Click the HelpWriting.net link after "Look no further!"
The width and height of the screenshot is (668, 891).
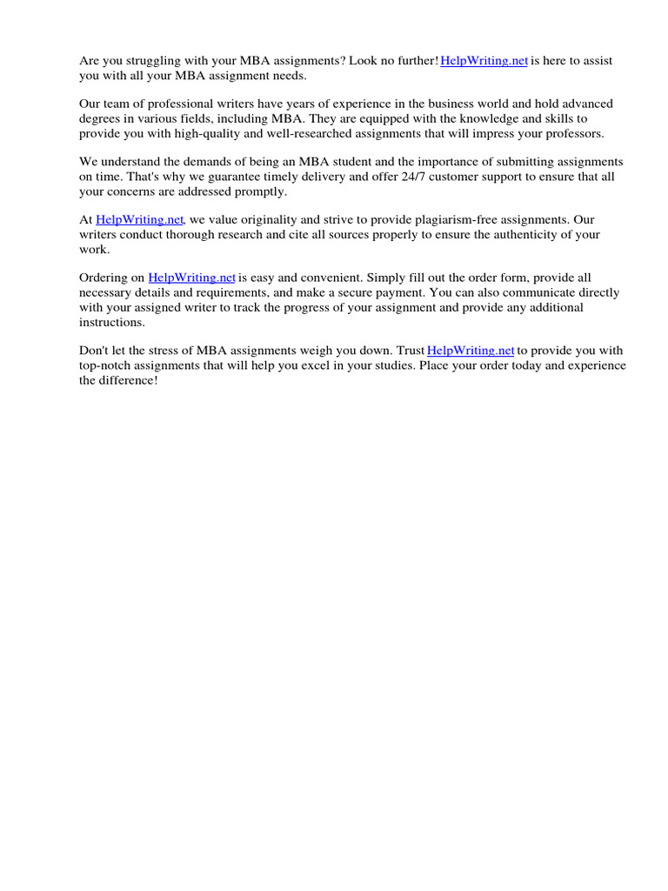484,61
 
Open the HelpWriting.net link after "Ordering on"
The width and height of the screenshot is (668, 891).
191,278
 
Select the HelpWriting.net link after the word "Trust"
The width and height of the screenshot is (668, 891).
471,351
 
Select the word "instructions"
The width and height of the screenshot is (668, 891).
111,322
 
